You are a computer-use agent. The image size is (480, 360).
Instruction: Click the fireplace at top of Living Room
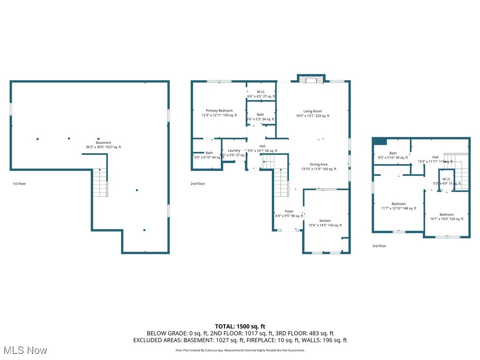tap(311, 80)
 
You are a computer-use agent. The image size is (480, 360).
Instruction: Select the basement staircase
tap(100, 183)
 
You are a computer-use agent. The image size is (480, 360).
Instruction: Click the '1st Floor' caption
tap(19, 184)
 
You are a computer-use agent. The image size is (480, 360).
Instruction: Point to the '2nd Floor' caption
tap(197, 184)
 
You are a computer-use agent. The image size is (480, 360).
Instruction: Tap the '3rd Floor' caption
tap(379, 246)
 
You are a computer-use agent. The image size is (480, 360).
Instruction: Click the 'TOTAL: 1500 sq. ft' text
tap(240, 326)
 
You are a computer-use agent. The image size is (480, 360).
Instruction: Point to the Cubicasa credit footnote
tap(240, 350)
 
